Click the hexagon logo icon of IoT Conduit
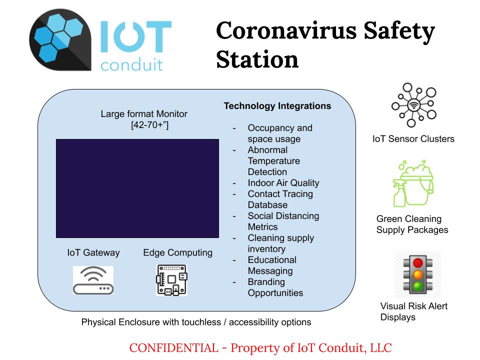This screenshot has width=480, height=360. click(60, 40)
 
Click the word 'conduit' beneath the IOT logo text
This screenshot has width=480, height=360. click(131, 64)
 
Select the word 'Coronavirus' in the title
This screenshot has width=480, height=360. click(286, 30)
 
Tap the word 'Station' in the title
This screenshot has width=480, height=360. click(257, 59)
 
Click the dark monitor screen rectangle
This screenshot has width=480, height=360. click(137, 188)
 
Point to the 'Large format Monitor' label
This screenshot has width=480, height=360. click(144, 114)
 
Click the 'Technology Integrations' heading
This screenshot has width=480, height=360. click(277, 106)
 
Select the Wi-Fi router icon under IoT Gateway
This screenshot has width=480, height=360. click(93, 280)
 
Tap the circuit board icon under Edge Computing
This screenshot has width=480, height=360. click(171, 280)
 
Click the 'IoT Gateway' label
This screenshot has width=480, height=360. click(93, 252)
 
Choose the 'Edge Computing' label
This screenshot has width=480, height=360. click(177, 252)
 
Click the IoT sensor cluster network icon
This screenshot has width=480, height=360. click(414, 105)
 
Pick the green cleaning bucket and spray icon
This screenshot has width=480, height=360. click(413, 183)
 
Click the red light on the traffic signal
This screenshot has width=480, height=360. click(418, 262)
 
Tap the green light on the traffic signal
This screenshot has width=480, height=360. click(418, 286)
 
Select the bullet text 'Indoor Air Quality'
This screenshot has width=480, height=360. click(283, 183)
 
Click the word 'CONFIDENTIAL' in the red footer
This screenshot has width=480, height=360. click(174, 348)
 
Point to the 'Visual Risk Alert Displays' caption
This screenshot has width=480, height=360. click(414, 311)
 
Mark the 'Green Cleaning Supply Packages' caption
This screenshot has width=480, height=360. click(412, 224)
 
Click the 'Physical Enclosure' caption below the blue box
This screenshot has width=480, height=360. click(120, 322)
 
